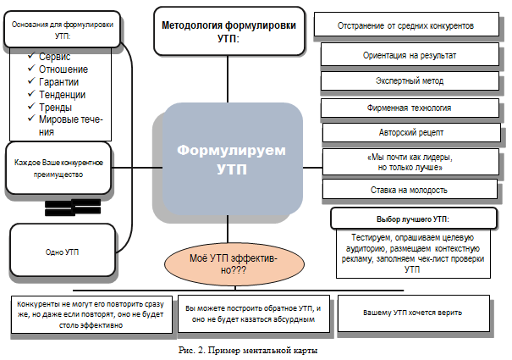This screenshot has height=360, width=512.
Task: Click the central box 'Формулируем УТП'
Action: click(231, 158)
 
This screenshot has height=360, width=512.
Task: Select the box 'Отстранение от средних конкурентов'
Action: click(406, 25)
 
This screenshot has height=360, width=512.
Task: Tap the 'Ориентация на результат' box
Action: click(408, 54)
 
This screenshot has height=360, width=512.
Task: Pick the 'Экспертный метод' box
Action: click(408, 81)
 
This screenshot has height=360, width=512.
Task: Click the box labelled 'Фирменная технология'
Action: click(408, 108)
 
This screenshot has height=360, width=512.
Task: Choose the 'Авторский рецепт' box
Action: click(408, 133)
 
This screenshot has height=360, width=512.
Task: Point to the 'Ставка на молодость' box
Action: click(408, 189)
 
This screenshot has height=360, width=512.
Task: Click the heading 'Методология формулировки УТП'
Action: click(228, 31)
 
